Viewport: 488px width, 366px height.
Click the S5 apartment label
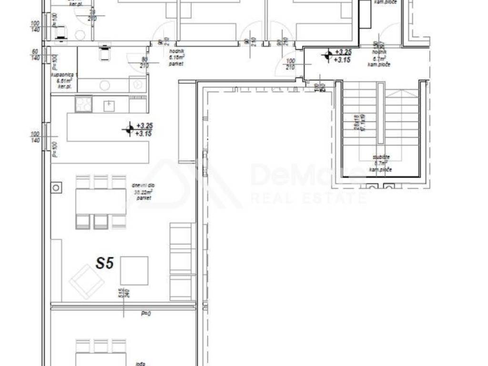click(x=105, y=264)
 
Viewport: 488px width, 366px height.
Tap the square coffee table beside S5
click(x=134, y=270)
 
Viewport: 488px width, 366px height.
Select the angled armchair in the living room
click(x=87, y=282)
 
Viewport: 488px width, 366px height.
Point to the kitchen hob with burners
click(x=84, y=104)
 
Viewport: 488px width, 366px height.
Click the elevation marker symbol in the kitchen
click(x=129, y=129)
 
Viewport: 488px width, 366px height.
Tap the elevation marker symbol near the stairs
click(x=327, y=55)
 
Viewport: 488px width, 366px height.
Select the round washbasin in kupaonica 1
click(x=105, y=85)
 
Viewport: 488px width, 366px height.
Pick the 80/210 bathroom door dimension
click(x=143, y=62)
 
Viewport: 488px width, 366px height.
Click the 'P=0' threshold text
click(x=145, y=314)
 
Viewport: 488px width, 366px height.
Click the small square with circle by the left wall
click(x=57, y=187)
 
